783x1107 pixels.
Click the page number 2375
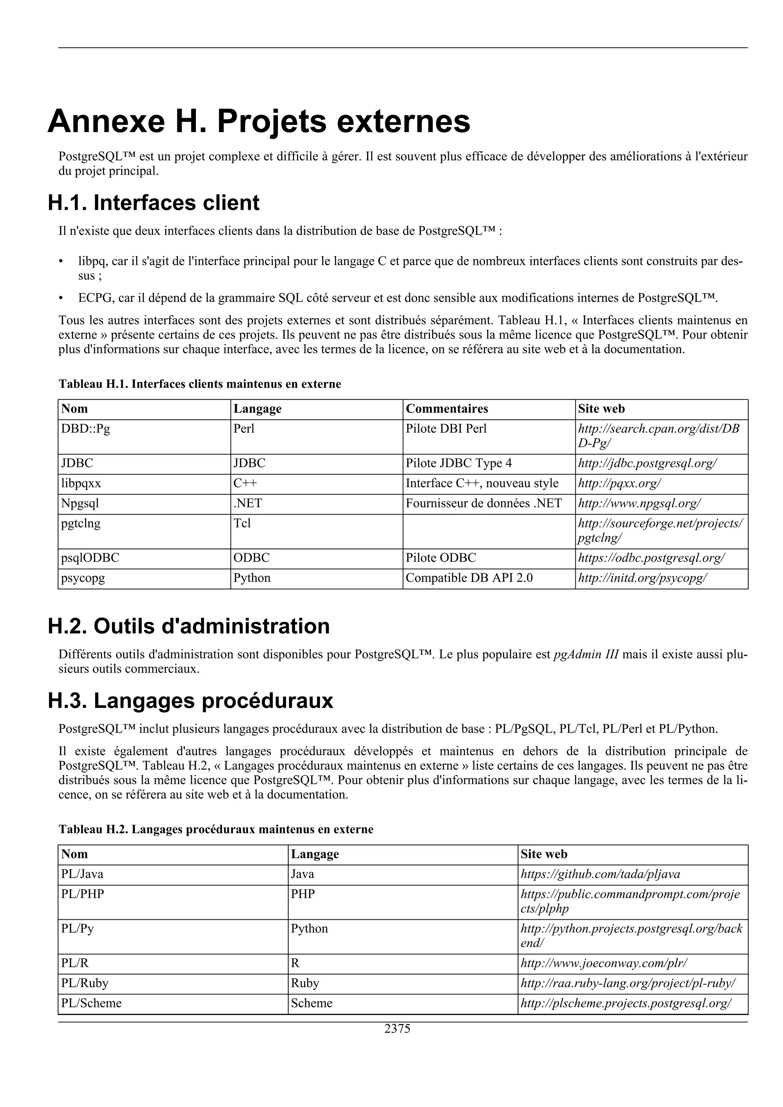pyautogui.click(x=397, y=1028)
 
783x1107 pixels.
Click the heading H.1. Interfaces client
pyautogui.click(x=153, y=203)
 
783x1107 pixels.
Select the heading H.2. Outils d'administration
pyautogui.click(x=188, y=626)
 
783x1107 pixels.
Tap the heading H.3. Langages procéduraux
pyautogui.click(x=190, y=701)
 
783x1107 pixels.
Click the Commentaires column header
pyautogui.click(x=447, y=409)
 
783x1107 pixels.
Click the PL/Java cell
pyautogui.click(x=82, y=874)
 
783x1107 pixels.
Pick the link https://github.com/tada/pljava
pyautogui.click(x=600, y=874)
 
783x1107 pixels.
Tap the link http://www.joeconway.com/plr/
pyautogui.click(x=604, y=963)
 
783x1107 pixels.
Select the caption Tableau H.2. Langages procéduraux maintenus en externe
pyautogui.click(x=216, y=829)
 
